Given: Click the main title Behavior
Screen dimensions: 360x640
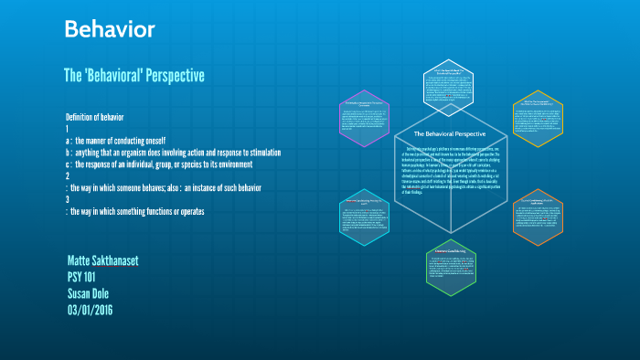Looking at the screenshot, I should click(109, 29).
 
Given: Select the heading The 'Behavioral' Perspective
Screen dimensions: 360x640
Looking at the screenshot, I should click(133, 74).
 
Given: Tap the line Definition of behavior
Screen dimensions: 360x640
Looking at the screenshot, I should click(101, 118).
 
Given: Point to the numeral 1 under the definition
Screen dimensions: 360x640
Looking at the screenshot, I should click(68, 130).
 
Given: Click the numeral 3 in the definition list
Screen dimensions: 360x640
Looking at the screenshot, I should click(68, 200).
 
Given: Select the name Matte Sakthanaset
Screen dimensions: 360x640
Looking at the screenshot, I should click(103, 261).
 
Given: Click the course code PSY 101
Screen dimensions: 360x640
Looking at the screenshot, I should click(87, 277).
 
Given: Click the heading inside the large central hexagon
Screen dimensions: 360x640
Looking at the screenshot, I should click(443, 133).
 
